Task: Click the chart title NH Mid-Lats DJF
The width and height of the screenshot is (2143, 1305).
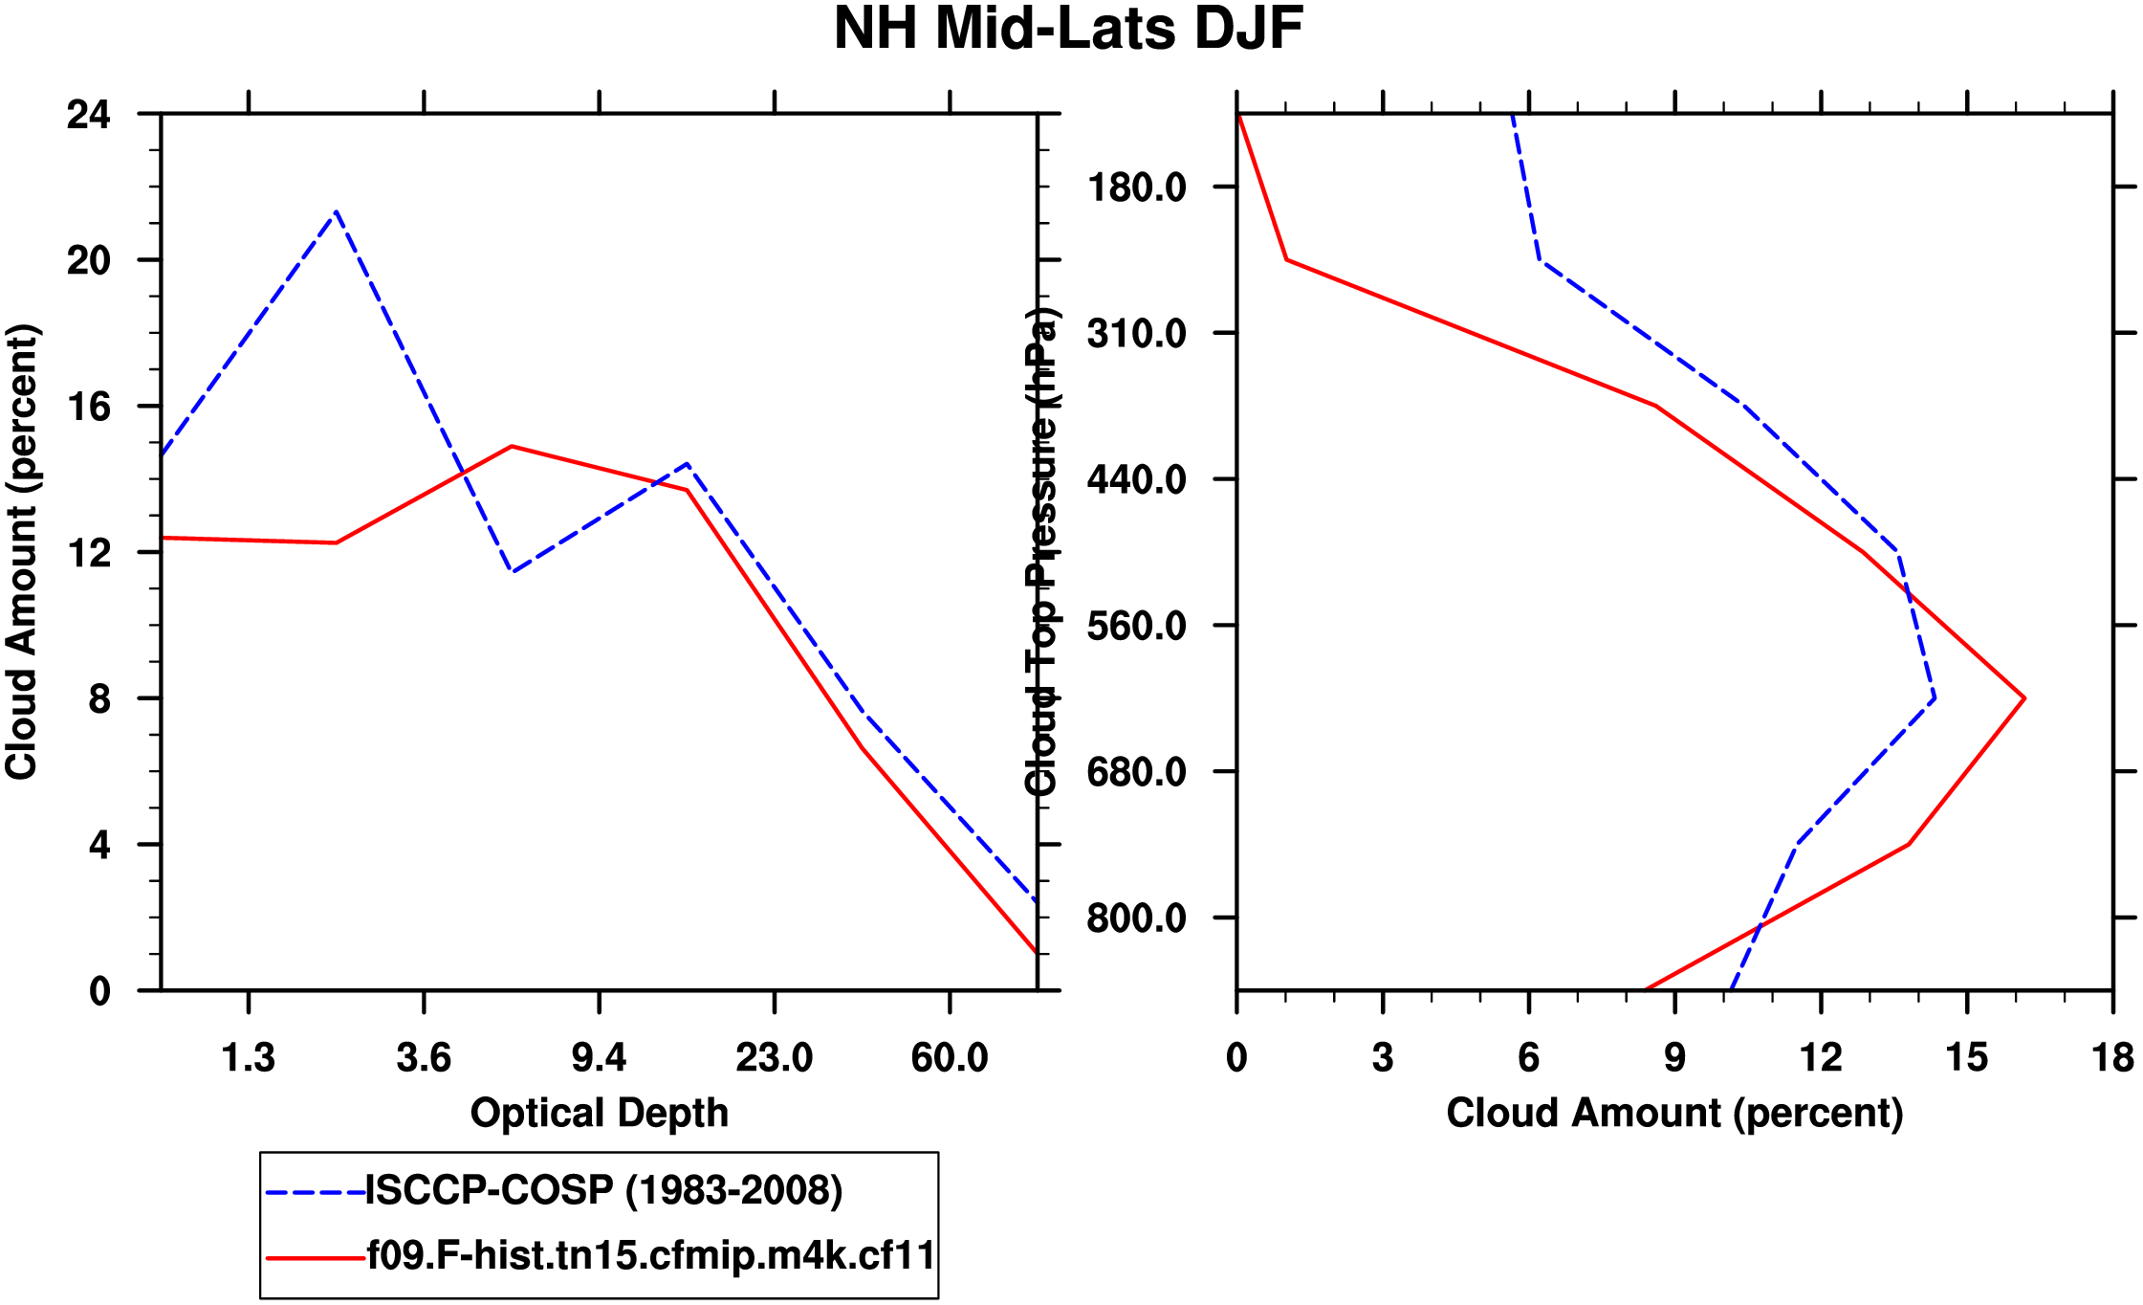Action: click(1068, 29)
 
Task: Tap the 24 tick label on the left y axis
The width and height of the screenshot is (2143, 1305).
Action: click(88, 115)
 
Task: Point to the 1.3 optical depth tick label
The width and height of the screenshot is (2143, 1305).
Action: click(248, 1058)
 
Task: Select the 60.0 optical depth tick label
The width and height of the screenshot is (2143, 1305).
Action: click(949, 1058)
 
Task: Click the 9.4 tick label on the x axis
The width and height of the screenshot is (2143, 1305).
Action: click(599, 1058)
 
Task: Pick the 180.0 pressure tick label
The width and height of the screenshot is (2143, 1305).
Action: click(1136, 188)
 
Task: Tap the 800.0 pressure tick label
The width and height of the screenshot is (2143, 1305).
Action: click(1136, 918)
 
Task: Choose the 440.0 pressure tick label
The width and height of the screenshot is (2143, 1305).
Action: click(1136, 479)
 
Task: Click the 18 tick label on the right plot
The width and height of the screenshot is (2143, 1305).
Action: click(2112, 1058)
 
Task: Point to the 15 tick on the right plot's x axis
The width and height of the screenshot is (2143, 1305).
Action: click(1967, 1058)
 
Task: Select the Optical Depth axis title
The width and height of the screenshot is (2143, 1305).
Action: click(599, 1114)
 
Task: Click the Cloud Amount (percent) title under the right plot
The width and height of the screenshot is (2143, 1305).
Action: click(1674, 1114)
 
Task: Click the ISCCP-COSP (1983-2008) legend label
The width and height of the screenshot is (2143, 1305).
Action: click(604, 1190)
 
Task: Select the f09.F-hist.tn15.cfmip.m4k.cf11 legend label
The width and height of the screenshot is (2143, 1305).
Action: click(651, 1255)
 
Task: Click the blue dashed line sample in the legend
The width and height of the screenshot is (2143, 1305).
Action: click(315, 1192)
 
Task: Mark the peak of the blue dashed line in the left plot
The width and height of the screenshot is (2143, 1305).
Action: click(337, 211)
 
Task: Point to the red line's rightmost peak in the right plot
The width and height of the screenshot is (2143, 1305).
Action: click(2024, 698)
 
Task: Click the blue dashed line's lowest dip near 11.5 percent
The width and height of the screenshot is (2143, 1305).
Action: click(513, 571)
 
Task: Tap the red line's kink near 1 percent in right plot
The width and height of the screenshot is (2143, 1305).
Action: click(1287, 259)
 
